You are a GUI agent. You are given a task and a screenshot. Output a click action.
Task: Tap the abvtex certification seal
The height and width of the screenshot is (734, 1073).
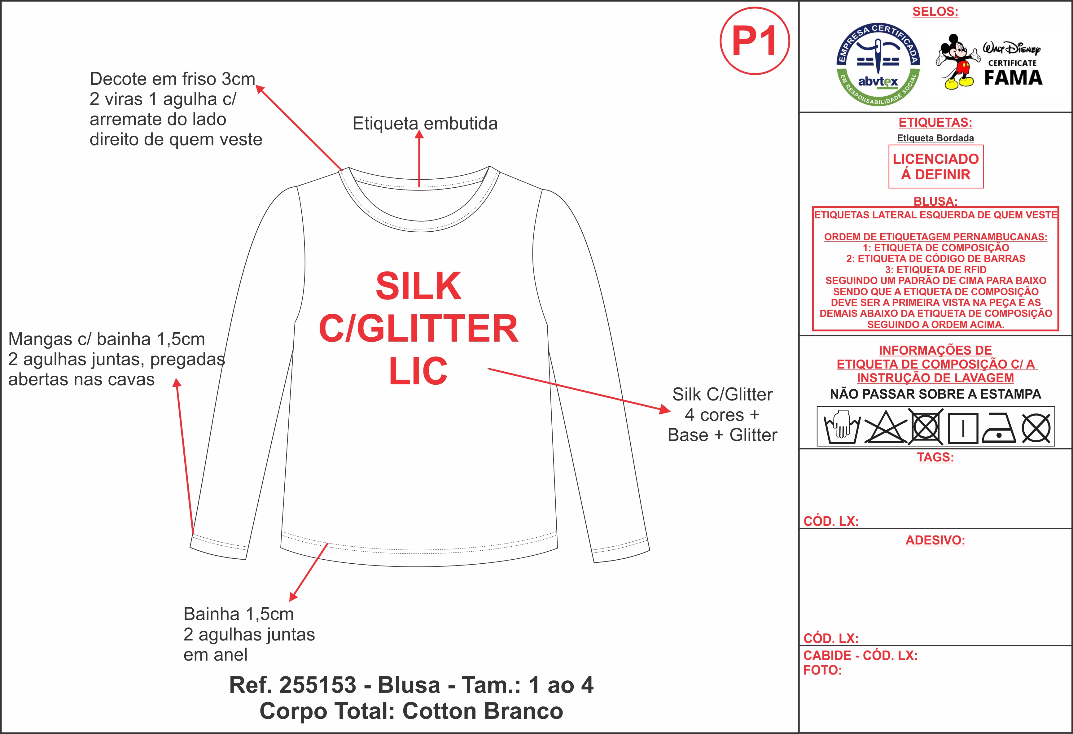tap(878, 64)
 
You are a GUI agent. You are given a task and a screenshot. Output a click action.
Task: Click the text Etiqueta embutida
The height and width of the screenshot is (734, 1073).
tap(425, 124)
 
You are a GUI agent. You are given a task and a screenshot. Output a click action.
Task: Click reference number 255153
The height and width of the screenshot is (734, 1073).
tap(318, 685)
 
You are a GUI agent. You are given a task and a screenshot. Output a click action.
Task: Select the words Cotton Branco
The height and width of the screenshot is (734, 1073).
tap(483, 711)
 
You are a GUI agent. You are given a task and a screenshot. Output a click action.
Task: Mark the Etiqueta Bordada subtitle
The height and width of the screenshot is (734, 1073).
tap(935, 138)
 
